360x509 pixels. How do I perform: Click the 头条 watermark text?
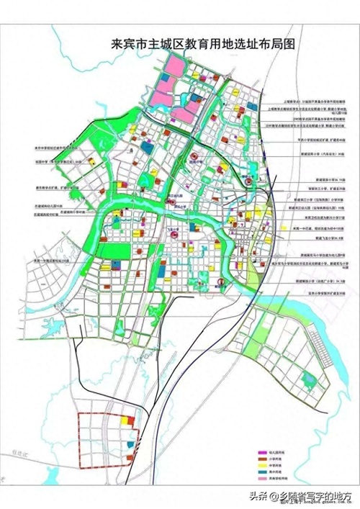click(x=258, y=496)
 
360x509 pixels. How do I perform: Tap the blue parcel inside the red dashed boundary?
click(x=130, y=444)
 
